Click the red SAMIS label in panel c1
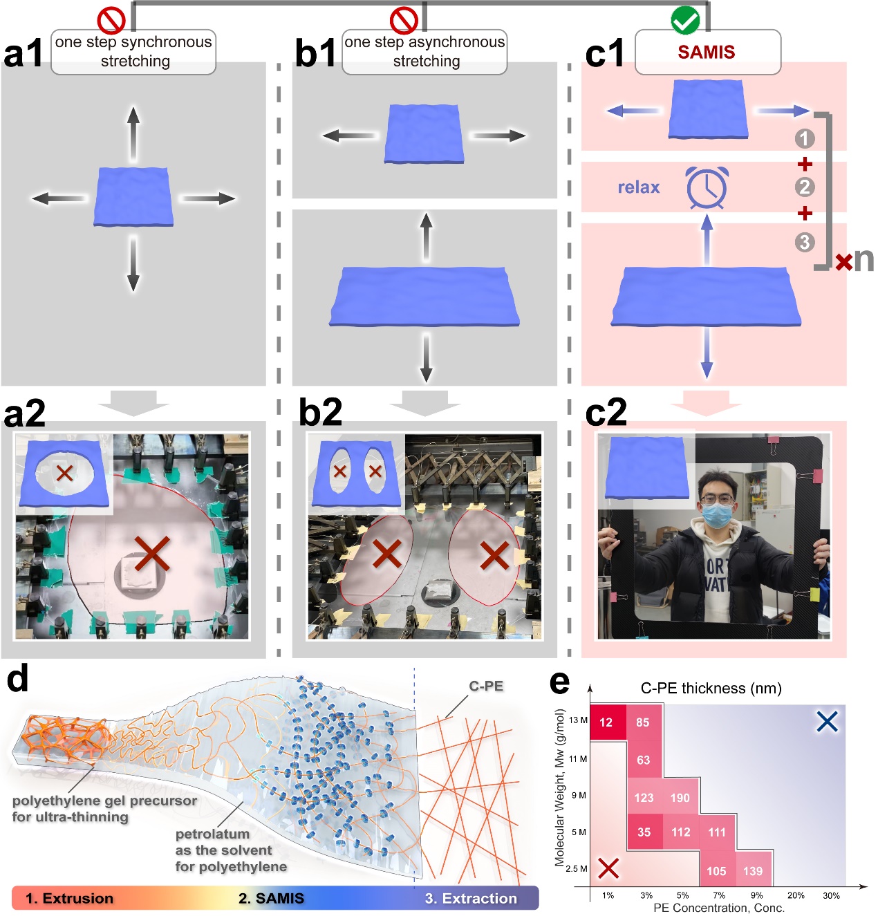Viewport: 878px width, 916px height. pos(706,52)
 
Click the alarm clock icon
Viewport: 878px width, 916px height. pos(707,187)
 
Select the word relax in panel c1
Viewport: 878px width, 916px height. pos(638,187)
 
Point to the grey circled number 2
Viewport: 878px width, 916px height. pos(805,187)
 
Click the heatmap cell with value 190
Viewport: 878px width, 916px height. pos(680,798)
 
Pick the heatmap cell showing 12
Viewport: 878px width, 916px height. pos(606,722)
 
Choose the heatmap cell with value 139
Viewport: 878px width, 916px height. pos(753,871)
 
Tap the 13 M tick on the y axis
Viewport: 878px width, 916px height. pos(578,720)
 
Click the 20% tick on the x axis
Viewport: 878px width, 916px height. pos(796,896)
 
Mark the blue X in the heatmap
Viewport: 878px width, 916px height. pos(827,722)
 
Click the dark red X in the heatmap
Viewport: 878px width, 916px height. pos(608,868)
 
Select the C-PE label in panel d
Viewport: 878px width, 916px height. pos(486,686)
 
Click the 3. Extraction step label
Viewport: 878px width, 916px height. pos(471,898)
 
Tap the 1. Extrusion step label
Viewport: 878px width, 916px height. pos(69,898)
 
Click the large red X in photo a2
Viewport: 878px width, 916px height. pos(152,553)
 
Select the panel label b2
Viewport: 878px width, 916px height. pos(320,412)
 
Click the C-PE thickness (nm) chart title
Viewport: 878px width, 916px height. pos(711,688)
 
